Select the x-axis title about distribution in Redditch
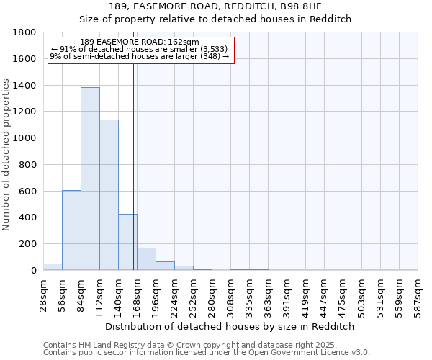pyautogui.click(x=230, y=326)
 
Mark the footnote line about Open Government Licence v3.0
pyautogui.click(x=207, y=353)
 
